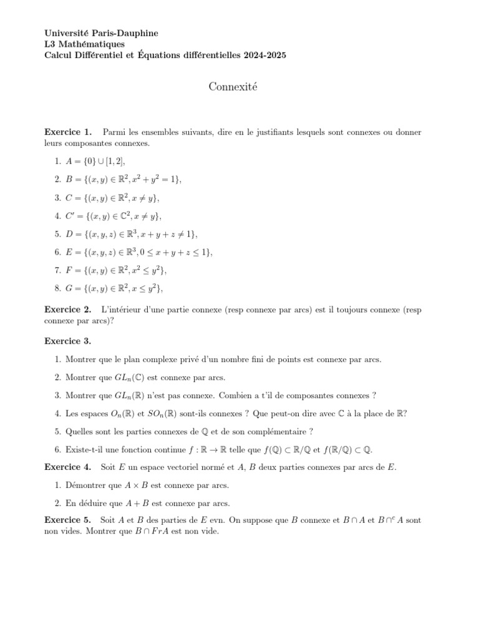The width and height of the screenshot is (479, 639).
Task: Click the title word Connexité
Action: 233,87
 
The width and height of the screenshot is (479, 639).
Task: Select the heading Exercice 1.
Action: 68,132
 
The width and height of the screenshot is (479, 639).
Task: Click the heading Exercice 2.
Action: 68,309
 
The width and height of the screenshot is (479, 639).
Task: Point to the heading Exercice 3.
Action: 68,341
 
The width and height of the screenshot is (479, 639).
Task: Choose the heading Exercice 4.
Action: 68,467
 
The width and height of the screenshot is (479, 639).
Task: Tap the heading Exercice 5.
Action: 68,520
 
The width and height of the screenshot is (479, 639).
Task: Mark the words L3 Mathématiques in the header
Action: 85,44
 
